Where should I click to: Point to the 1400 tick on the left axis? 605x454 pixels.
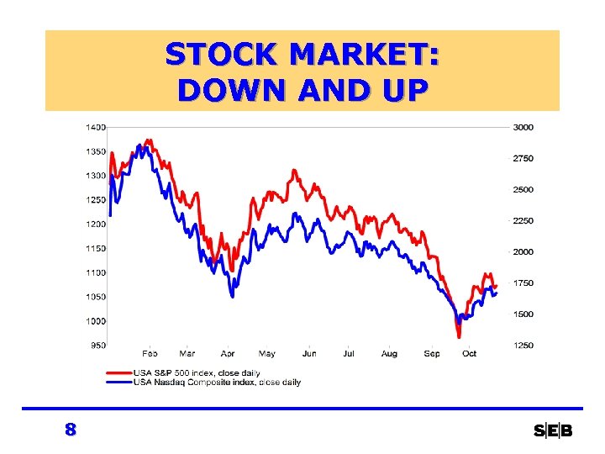[94, 127]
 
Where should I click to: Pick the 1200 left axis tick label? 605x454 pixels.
[94, 224]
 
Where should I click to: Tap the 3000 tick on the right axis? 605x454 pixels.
[523, 127]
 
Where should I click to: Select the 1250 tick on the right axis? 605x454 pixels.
[523, 346]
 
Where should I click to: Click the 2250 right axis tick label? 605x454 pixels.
[523, 221]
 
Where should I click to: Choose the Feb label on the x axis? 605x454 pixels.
[150, 354]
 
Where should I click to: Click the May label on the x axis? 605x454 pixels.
[266, 354]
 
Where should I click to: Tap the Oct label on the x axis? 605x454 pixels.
[469, 354]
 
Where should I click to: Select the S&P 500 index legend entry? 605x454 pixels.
[197, 372]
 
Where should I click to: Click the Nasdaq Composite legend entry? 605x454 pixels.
[217, 382]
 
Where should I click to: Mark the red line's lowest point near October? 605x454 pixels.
[460, 336]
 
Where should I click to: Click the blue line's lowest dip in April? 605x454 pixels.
[233, 296]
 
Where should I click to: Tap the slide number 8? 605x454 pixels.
[71, 430]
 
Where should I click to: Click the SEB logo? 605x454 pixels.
[553, 431]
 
